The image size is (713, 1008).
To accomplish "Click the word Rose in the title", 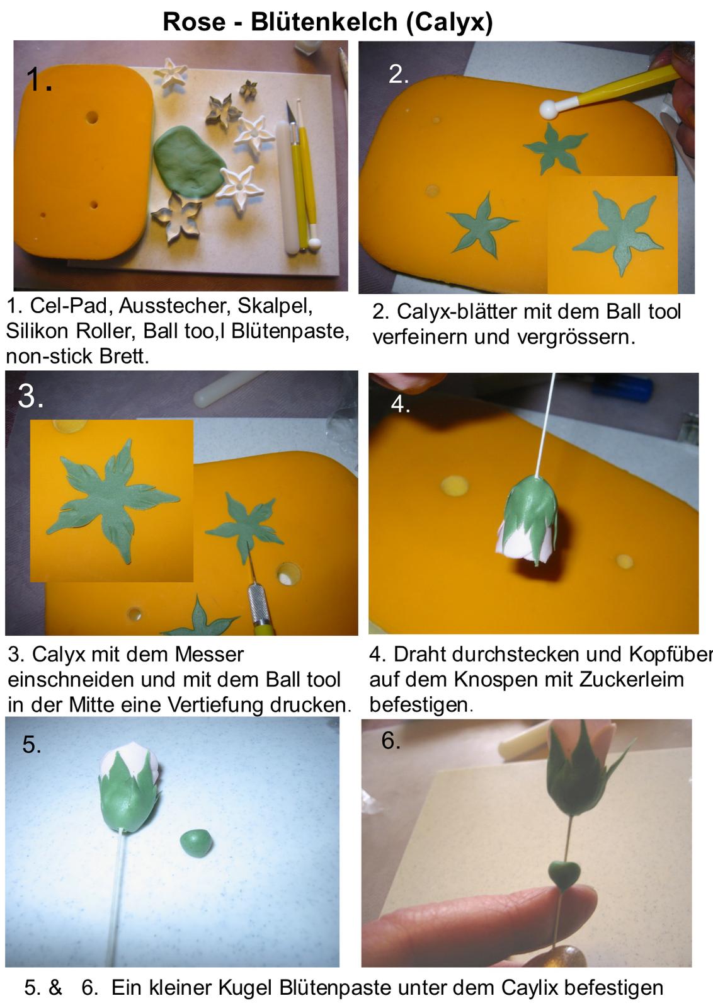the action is click(194, 21).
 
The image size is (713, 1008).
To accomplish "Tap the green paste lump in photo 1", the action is click(188, 161).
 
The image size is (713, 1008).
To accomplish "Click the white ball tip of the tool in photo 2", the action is click(549, 110).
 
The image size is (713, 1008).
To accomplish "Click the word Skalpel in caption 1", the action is click(275, 307).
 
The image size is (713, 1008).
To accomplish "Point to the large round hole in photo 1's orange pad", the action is click(92, 118).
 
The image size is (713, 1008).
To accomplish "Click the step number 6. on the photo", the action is click(391, 741).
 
